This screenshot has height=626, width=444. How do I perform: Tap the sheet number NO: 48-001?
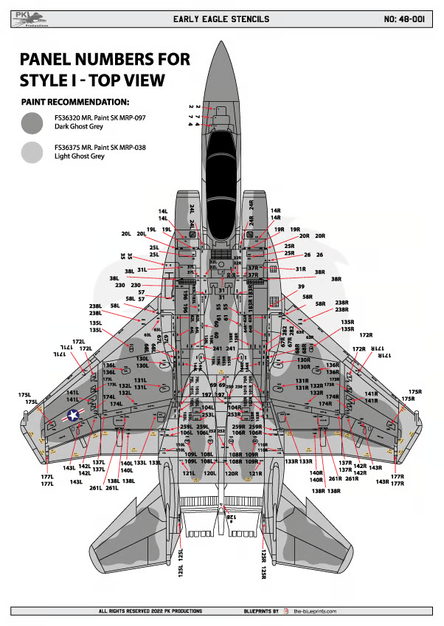click(404, 18)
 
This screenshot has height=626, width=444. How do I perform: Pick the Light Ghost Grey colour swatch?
click(32, 152)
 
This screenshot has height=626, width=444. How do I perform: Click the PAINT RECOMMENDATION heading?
click(75, 101)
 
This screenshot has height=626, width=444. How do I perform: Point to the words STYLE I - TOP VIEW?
click(92, 79)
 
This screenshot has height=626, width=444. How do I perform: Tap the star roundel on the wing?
click(74, 416)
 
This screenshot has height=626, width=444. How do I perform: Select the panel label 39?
click(301, 286)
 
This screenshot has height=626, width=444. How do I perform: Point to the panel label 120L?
click(210, 472)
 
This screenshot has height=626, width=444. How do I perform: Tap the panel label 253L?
click(208, 416)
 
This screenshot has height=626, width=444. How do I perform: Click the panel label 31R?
click(301, 269)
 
